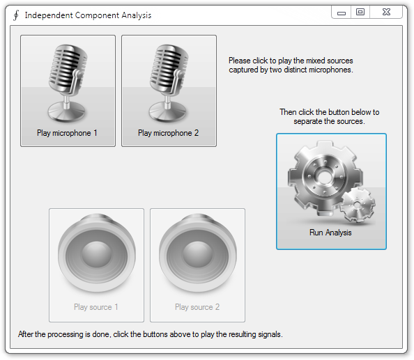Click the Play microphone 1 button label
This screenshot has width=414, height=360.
pos(68,133)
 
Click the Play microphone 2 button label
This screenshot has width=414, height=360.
pos(169,133)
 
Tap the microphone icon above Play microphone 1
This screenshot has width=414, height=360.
pos(68,80)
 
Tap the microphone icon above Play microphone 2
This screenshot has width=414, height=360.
pos(169,80)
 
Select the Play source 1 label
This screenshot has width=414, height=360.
pos(96,307)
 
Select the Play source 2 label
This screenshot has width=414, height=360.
pos(197,307)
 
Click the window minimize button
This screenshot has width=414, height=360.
pos(342,12)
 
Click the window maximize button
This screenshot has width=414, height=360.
pos(360,12)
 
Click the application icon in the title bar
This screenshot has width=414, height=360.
pos(15,15)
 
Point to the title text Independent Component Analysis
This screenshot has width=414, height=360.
pos(88,15)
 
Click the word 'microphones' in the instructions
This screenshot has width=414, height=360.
pos(332,70)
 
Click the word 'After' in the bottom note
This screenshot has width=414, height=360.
pos(27,334)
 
